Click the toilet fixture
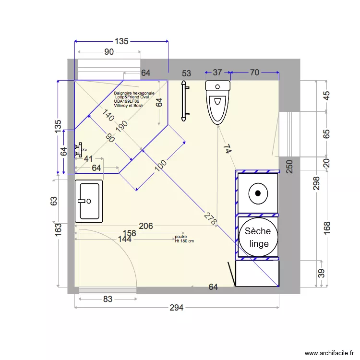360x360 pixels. [218, 102]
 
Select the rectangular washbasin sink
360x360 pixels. [89, 201]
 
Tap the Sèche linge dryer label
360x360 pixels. [258, 237]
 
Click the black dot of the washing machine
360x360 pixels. [258, 193]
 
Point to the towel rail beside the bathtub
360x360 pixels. [183, 101]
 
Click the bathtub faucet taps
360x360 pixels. [79, 150]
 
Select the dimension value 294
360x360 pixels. [177, 308]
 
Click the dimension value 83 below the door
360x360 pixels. [108, 299]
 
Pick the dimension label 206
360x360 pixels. [146, 226]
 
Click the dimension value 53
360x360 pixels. [186, 73]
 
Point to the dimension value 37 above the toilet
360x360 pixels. [217, 72]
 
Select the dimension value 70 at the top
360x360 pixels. [254, 72]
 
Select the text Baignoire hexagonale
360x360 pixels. [134, 93]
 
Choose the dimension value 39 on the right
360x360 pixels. [321, 273]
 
